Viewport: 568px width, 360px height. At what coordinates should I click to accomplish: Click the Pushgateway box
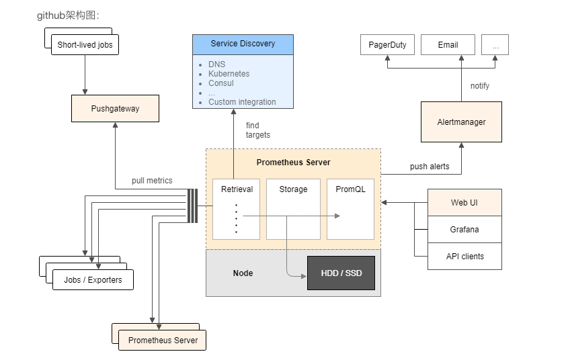click(115, 108)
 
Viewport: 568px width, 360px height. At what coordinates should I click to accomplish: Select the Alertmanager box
click(461, 122)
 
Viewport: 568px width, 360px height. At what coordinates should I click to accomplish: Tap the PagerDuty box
click(388, 45)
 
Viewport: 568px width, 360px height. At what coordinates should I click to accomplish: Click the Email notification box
click(448, 45)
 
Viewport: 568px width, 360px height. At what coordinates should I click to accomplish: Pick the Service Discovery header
click(243, 44)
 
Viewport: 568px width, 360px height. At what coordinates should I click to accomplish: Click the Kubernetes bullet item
click(229, 74)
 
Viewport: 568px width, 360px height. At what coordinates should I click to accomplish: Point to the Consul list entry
click(221, 83)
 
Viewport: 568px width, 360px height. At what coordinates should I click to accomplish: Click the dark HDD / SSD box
click(341, 273)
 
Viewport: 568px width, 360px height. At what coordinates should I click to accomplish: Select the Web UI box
click(464, 203)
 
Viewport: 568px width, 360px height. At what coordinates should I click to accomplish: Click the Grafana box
click(464, 230)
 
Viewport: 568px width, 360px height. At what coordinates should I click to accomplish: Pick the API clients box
click(464, 257)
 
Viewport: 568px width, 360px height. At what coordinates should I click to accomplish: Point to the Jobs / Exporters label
click(93, 279)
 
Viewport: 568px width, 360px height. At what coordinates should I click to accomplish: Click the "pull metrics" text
click(152, 181)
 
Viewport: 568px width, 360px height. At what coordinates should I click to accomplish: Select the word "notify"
click(480, 86)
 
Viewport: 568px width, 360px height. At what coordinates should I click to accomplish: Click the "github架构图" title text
click(68, 15)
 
